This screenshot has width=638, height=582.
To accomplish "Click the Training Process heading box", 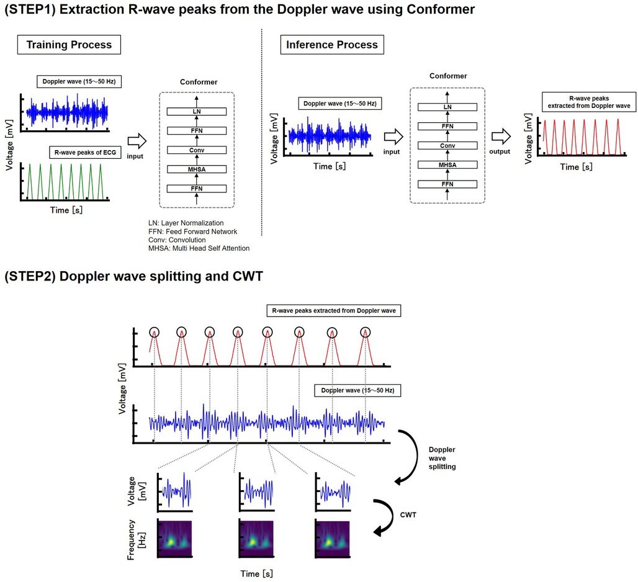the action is point(69,45).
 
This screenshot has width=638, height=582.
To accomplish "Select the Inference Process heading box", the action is point(332,45).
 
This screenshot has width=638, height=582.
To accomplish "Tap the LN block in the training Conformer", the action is point(197,112).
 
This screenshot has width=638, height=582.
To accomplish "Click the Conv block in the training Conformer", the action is point(197,150).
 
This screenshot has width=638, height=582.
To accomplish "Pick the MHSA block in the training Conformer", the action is point(197,169).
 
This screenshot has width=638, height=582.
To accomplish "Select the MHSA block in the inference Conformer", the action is point(447,164).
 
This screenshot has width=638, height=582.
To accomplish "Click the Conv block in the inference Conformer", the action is point(447,146).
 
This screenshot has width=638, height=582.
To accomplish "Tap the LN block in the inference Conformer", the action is point(447,107).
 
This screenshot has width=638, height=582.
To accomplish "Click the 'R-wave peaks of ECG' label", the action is point(85,153).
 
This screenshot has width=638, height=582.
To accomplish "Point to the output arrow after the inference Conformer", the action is point(501,137).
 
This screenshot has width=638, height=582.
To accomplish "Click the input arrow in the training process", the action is point(137,141).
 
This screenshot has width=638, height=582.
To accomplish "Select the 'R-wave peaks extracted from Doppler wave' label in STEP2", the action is point(334,311).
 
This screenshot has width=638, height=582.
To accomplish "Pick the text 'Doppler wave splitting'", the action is point(442,458).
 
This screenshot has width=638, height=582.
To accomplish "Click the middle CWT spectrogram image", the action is point(256,539).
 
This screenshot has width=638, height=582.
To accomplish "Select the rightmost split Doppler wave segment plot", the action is point(333,491).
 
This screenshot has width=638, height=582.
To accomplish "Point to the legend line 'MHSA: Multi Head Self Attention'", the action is point(199,248).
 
